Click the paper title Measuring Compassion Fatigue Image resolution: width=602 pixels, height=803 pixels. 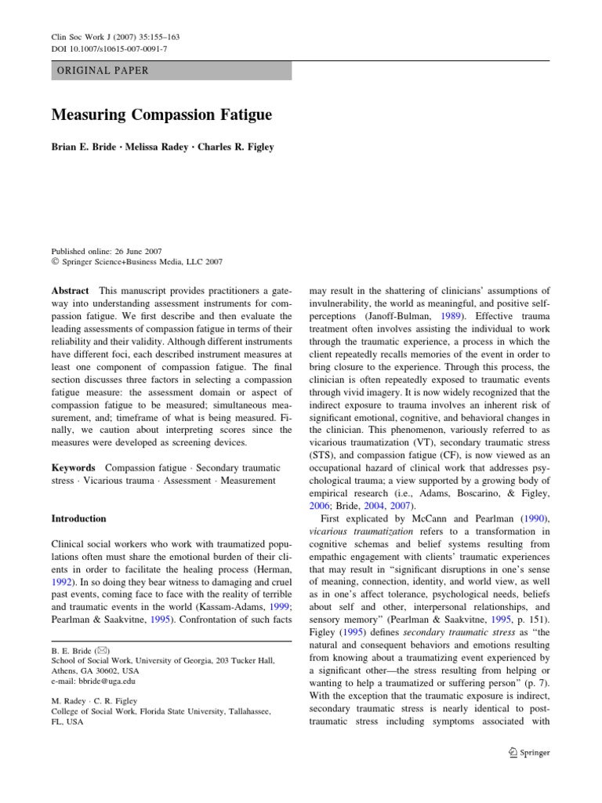point(161,115)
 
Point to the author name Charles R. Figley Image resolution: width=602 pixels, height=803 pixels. point(240,147)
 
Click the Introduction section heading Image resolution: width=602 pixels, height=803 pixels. point(78,519)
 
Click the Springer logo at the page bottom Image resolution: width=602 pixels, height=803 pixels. point(530,752)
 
